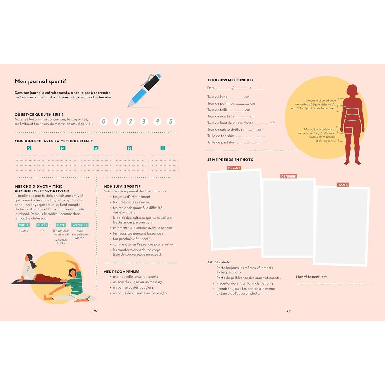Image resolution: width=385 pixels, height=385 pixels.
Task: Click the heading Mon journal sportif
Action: [x=40, y=81]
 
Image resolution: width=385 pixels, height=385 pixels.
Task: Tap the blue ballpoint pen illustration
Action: [x=144, y=91]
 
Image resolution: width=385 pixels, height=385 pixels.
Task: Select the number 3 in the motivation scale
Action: [x=144, y=121]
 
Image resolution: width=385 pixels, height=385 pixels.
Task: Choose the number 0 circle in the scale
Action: [x=104, y=121]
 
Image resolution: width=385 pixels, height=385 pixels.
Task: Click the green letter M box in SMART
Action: [x=63, y=148]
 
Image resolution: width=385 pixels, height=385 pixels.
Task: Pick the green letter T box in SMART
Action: [x=163, y=148]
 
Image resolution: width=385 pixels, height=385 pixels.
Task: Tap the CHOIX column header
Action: [x=23, y=225]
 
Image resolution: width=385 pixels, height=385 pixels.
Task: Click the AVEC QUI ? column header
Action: [x=80, y=225]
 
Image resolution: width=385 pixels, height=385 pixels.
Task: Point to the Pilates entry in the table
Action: [x=23, y=231]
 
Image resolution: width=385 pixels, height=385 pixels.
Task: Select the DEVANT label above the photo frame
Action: [x=234, y=168]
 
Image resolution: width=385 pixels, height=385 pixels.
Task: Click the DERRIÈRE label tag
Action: [x=288, y=176]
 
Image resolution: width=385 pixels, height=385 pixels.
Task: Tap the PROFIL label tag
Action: [x=343, y=185]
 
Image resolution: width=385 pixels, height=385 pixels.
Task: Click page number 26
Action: [x=96, y=311]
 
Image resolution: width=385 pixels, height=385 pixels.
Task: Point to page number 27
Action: [x=288, y=311]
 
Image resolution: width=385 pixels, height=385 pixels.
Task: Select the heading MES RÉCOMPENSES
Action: [x=122, y=272]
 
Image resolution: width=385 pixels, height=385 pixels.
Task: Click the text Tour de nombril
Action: [x=219, y=116]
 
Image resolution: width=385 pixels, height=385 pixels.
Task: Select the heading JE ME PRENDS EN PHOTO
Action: [x=230, y=160]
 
